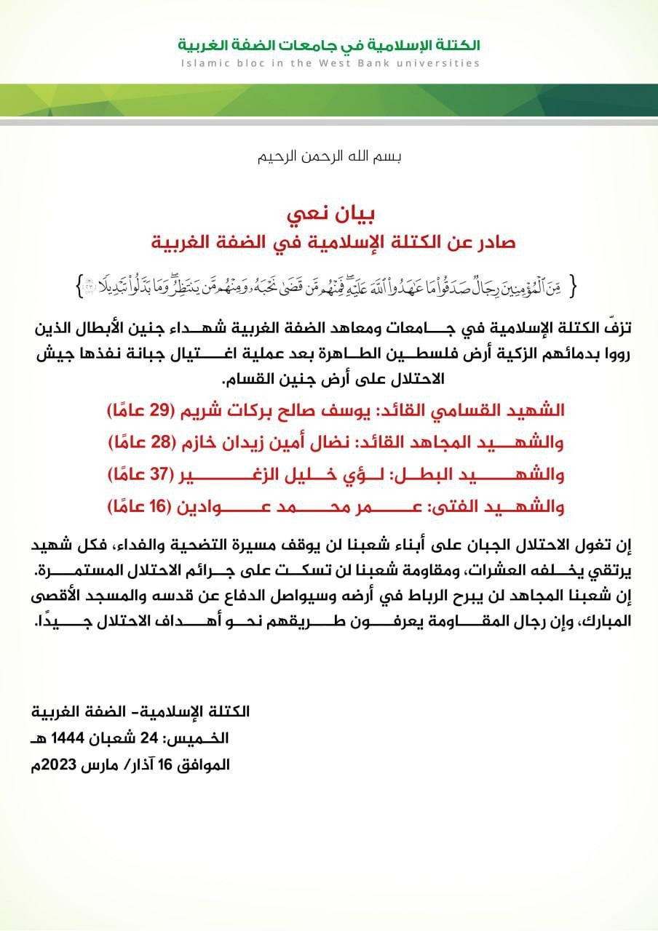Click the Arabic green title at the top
click(x=329, y=44)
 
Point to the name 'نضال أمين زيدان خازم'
click(x=281, y=441)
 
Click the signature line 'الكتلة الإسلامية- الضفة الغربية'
click(x=141, y=711)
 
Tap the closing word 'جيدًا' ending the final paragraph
click(x=58, y=622)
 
